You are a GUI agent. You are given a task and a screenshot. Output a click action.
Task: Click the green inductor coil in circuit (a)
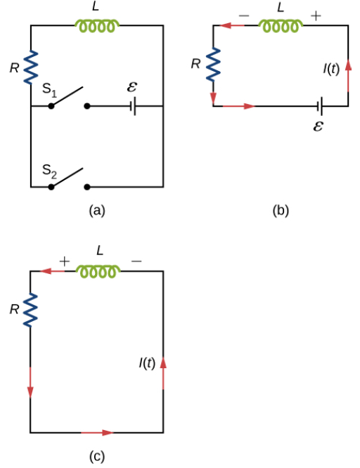(96, 26)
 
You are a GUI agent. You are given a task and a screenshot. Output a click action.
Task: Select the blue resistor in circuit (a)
(31, 67)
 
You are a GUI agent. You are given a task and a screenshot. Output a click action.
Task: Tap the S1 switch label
(49, 90)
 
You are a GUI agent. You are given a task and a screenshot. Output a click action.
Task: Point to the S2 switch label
(49, 171)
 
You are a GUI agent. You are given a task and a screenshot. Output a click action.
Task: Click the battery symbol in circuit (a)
(134, 106)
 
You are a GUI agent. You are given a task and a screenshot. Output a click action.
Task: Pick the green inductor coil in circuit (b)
(281, 26)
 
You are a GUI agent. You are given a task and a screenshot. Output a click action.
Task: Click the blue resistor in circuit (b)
(214, 65)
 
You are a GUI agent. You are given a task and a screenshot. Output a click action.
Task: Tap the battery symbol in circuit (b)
(320, 106)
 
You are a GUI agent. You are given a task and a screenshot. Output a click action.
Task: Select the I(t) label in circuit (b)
(331, 69)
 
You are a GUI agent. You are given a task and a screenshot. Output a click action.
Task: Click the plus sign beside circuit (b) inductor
(316, 15)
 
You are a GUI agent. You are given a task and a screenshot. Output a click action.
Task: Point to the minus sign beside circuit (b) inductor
(244, 15)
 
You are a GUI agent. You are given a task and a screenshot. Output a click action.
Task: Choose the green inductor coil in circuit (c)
(98, 271)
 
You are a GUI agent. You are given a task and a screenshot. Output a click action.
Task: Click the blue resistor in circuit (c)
(30, 311)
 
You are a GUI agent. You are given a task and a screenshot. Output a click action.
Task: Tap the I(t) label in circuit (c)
(147, 363)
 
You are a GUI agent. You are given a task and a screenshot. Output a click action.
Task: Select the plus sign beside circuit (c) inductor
(64, 261)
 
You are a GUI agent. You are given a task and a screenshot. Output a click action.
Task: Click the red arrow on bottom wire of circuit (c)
(97, 432)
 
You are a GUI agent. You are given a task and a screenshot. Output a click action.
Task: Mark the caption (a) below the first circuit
(97, 211)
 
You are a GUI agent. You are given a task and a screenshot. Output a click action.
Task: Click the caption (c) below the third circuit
(97, 456)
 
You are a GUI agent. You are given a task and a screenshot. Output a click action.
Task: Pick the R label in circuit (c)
(14, 309)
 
